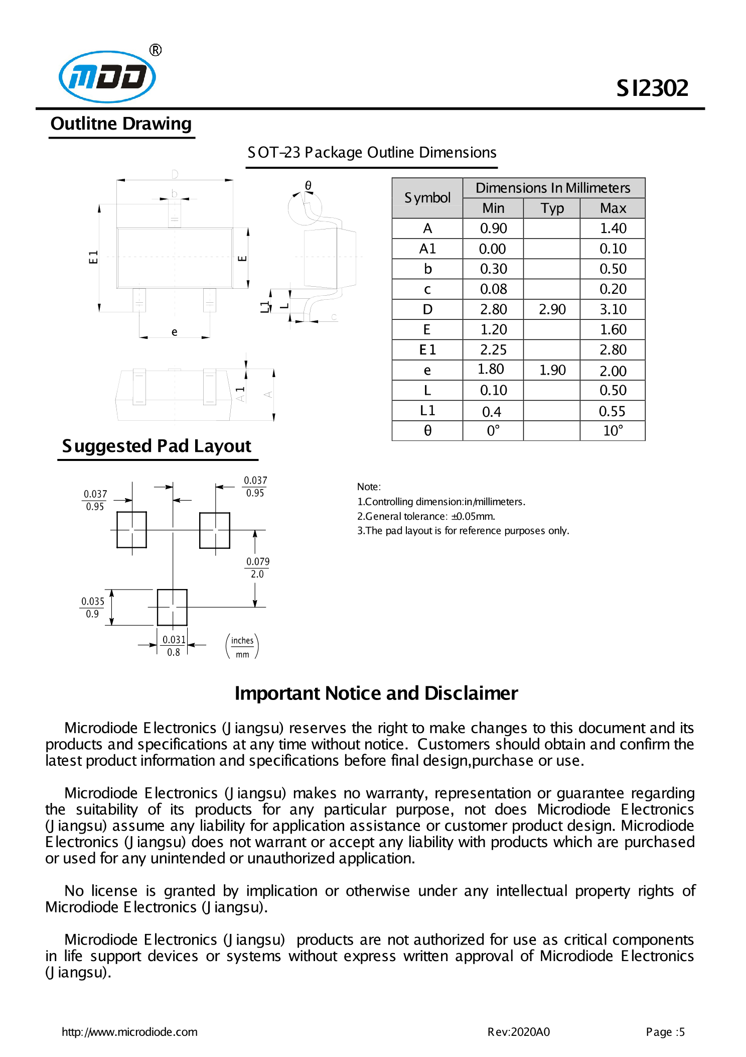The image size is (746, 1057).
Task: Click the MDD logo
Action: point(107,77)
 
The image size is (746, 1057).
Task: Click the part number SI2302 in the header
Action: point(652,88)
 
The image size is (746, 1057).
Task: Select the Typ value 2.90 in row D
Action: point(552,309)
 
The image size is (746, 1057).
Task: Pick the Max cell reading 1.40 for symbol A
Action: point(613,228)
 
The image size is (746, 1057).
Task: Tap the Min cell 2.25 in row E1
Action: point(493,350)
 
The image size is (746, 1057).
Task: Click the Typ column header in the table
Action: point(552,208)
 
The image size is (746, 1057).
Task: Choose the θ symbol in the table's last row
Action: point(427,431)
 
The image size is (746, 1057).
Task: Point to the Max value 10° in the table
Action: point(613,431)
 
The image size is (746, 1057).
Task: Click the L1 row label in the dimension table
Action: point(427,411)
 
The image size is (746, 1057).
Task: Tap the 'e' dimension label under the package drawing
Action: point(174,332)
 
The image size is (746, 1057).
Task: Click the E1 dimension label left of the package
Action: point(93,257)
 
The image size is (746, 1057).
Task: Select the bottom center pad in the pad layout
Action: point(172,607)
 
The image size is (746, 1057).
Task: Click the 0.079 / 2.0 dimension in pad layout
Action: point(257,568)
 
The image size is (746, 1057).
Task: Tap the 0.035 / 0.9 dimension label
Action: point(93,607)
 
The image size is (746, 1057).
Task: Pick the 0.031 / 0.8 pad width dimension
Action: point(174,646)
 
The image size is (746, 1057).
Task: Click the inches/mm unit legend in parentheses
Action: point(242,647)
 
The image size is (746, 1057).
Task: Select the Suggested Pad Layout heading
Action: point(157,446)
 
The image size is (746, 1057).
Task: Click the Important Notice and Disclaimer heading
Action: point(376,693)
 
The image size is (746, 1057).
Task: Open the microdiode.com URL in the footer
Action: point(129,1032)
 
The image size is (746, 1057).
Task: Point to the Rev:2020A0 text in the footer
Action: point(518,1032)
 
